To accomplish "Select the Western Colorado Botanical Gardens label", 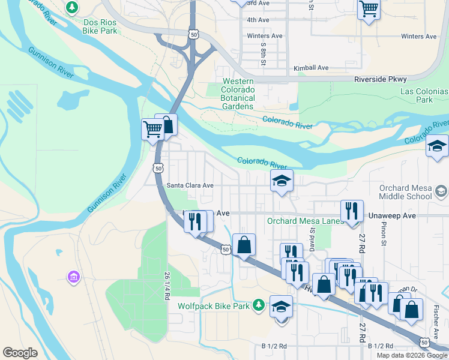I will click(x=238, y=94).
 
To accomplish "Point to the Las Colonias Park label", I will click(x=424, y=95).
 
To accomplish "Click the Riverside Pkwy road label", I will click(x=380, y=79).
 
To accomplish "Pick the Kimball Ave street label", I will click(x=311, y=68).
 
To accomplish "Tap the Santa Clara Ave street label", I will click(x=190, y=186).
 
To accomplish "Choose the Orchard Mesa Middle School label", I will click(x=405, y=192).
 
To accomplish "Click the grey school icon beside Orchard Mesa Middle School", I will click(x=441, y=191).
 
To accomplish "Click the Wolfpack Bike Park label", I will click(x=213, y=306).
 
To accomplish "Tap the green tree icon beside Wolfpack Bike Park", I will click(x=258, y=305).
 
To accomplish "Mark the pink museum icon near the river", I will click(x=74, y=277).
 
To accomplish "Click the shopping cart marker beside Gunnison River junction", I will click(x=152, y=128).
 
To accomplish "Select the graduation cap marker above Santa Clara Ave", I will click(x=280, y=181).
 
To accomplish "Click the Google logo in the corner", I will click(x=20, y=353).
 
